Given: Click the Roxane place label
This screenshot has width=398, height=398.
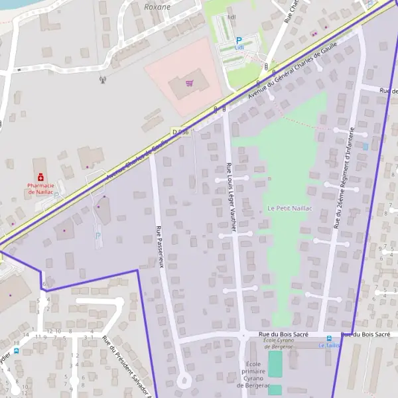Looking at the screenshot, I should (157, 7).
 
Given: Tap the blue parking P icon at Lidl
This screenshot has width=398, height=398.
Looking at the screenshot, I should (239, 40).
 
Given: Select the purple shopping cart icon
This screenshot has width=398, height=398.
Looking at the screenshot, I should (190, 84).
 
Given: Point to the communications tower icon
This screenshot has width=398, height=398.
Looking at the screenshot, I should (102, 80).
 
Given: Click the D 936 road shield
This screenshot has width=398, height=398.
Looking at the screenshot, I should (180, 132).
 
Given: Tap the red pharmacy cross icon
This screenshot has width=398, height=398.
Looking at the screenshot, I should (40, 177).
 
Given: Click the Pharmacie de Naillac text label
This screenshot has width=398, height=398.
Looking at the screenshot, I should (40, 188).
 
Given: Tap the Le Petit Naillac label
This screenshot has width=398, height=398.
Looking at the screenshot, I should (290, 208).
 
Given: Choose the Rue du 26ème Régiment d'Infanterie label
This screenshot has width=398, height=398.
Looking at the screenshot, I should (344, 177).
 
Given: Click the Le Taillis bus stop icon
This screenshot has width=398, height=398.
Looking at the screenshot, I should (330, 338).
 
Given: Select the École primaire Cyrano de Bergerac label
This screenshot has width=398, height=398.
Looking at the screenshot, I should (252, 375).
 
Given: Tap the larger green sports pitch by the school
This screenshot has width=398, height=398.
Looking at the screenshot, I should (275, 364).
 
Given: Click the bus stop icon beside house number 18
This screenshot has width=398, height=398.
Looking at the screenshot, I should (17, 350).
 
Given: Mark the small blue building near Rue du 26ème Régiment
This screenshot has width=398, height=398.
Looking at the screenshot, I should (365, 145).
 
